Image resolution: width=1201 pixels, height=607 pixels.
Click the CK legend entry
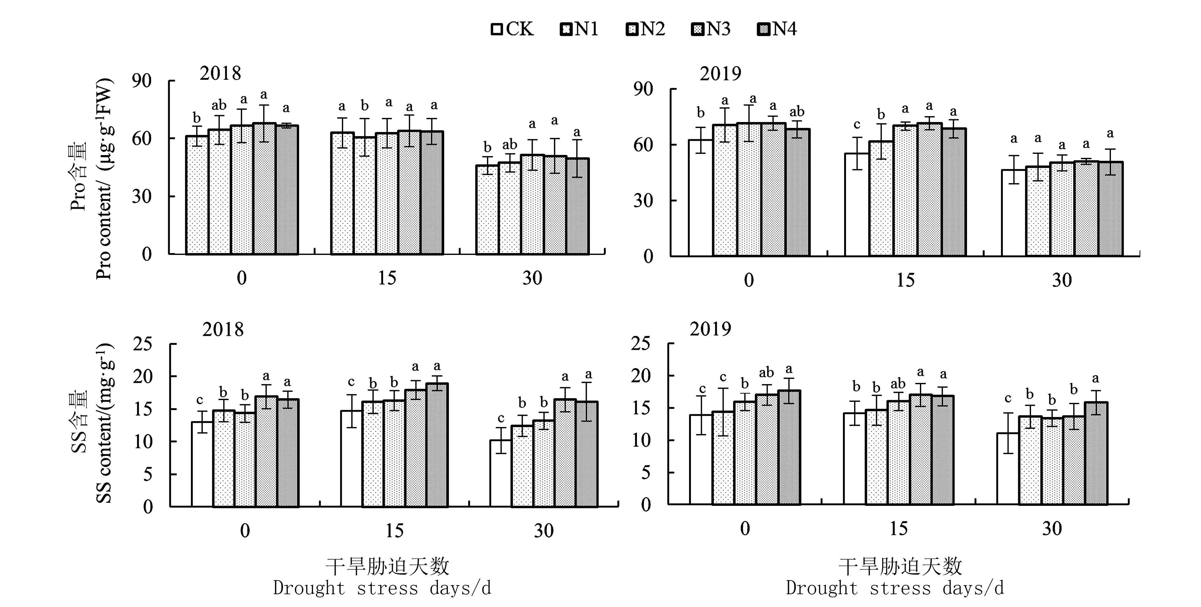pyautogui.click(x=512, y=29)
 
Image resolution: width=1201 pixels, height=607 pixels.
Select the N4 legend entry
pyautogui.click(x=777, y=29)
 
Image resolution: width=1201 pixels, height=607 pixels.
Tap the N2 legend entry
pyautogui.click(x=645, y=29)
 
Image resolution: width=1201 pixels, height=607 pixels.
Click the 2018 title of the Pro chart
pyautogui.click(x=220, y=73)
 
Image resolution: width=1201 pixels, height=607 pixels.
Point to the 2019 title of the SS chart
pyautogui.click(x=710, y=329)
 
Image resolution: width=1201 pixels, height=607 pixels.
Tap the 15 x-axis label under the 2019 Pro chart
pyautogui.click(x=905, y=280)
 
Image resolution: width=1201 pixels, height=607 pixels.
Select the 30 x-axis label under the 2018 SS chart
pyautogui.click(x=544, y=531)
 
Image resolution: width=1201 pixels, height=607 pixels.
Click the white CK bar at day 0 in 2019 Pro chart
pyautogui.click(x=700, y=198)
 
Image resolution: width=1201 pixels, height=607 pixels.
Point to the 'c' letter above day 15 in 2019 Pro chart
pyautogui.click(x=857, y=125)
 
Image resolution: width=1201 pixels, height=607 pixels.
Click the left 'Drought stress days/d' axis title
pyautogui.click(x=382, y=588)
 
